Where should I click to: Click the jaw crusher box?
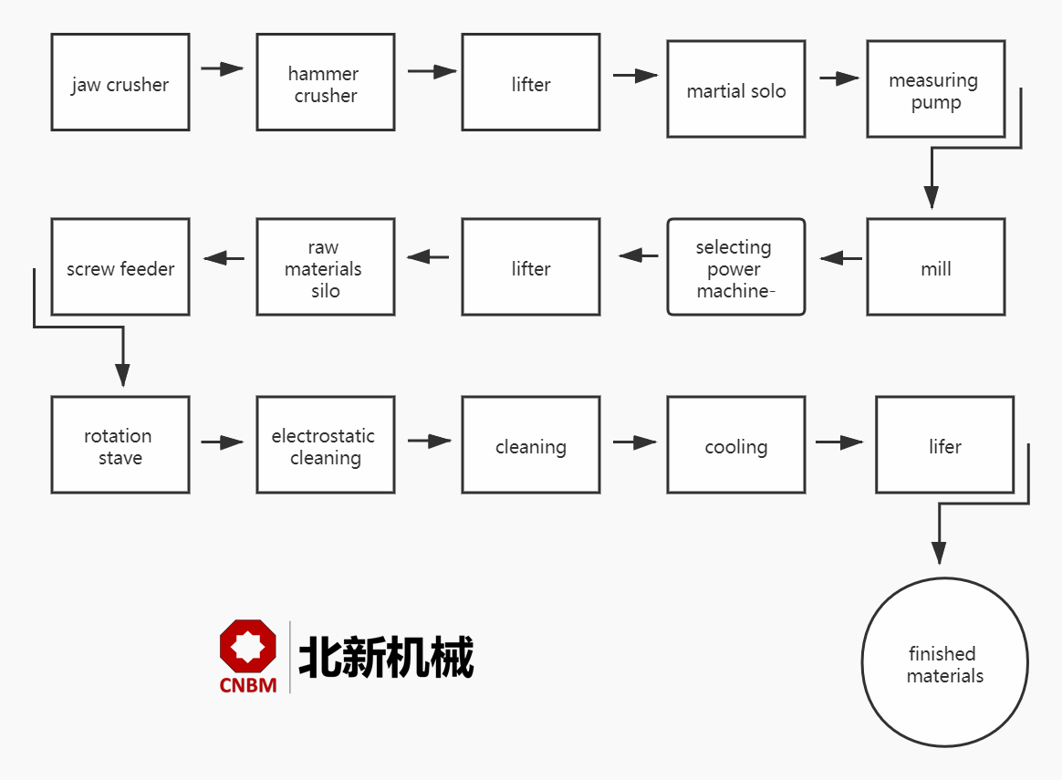point(120,82)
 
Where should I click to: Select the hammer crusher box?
point(326,82)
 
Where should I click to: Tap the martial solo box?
point(736,89)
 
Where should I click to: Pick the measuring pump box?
point(936,89)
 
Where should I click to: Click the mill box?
point(936,267)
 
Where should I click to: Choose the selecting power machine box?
point(736,267)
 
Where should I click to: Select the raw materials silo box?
point(326,267)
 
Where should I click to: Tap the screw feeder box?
point(120,267)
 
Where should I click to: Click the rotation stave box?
point(120,445)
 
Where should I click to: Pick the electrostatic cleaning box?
point(326,445)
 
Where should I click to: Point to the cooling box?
point(736,445)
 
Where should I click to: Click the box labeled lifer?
point(945,445)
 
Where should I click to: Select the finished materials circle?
point(945,663)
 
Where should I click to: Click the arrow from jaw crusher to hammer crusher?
point(223,68)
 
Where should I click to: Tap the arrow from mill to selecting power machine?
point(841,258)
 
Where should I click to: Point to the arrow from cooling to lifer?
point(839,442)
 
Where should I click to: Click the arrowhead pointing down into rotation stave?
point(122,374)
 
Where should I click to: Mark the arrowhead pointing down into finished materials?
point(939,552)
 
